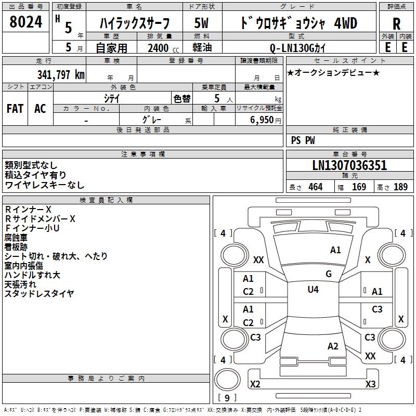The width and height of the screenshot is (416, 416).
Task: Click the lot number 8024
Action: point(26,23)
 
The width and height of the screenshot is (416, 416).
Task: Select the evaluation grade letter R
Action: point(397,24)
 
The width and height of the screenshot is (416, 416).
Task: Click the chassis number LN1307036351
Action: point(349,166)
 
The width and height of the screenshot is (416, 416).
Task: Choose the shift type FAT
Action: point(15,109)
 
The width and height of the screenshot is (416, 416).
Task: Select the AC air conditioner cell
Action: point(40,109)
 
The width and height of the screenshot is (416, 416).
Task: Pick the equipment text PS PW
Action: point(303,140)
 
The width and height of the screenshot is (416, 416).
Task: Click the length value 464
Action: point(315,187)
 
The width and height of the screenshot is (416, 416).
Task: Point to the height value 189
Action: point(400,187)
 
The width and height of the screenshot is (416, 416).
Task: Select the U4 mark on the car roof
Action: point(313,290)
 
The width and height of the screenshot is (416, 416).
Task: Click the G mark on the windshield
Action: point(329,274)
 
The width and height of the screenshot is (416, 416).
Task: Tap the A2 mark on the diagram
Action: point(333,346)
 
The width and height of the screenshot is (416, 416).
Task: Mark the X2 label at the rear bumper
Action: point(255,384)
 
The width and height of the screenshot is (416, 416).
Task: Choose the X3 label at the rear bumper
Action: point(370,384)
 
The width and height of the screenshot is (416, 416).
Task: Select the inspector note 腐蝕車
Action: point(16,238)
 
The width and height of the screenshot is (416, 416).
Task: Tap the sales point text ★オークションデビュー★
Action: point(333,72)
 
